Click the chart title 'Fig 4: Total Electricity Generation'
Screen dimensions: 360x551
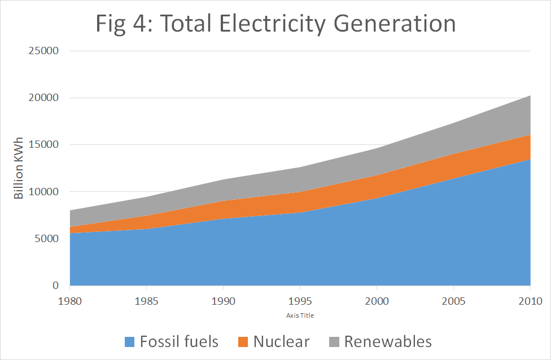275,24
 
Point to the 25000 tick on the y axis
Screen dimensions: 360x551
43,51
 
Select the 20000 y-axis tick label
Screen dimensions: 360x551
43,98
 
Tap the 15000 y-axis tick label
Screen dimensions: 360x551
43,144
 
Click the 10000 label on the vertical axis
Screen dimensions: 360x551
43,191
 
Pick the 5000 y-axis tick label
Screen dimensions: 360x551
46,238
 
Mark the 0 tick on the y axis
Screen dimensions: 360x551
55,286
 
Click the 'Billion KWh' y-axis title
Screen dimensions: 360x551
19,168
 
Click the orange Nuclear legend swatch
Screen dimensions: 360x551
243,342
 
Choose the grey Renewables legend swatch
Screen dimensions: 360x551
334,342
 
